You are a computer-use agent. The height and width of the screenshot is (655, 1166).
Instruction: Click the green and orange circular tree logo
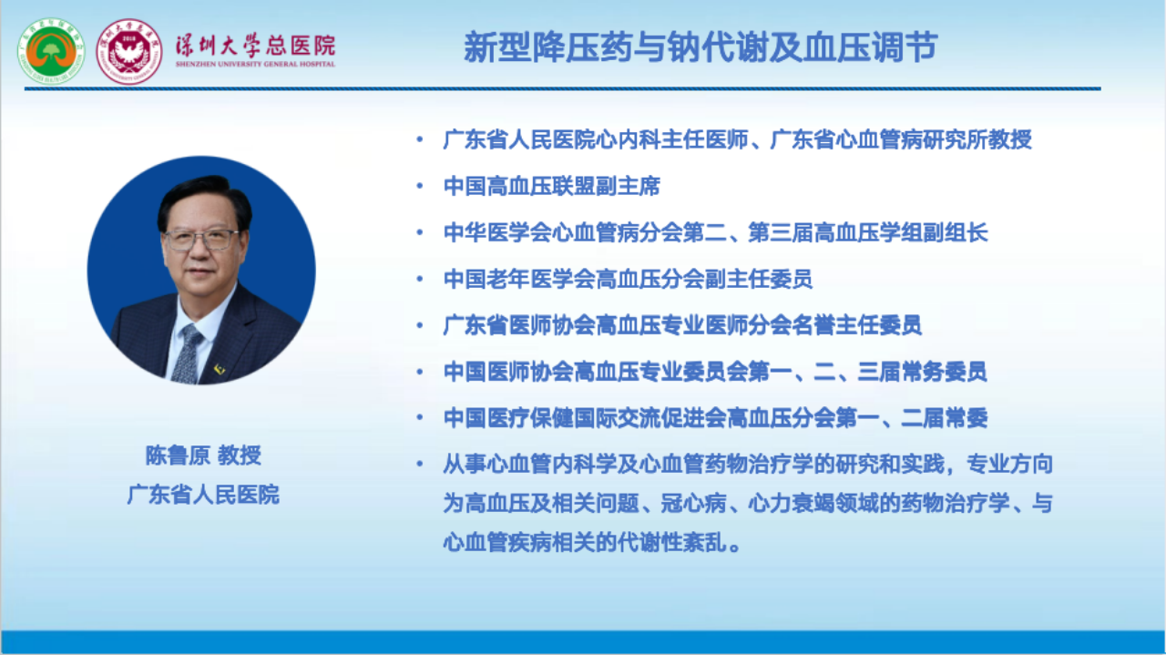tap(50, 51)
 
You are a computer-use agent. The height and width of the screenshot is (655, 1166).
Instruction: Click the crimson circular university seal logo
tap(129, 52)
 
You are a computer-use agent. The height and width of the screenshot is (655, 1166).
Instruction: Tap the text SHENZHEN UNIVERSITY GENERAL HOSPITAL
tap(255, 64)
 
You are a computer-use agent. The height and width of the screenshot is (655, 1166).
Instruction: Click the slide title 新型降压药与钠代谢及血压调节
tap(701, 46)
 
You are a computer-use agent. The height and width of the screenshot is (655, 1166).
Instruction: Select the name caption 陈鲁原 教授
tap(203, 455)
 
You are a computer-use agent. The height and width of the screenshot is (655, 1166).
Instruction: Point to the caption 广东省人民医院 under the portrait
tap(203, 494)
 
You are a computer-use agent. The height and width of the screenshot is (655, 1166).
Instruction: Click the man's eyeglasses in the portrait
tap(201, 240)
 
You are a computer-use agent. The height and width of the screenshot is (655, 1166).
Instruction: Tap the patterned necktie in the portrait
tap(188, 354)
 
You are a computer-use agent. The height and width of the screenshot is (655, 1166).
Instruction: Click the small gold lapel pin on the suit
tap(220, 369)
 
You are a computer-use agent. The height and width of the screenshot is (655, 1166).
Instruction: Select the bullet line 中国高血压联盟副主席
tap(552, 186)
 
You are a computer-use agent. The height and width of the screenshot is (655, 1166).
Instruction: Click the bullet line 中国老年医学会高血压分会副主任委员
tap(628, 279)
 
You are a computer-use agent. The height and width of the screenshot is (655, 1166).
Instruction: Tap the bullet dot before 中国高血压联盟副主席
tap(420, 186)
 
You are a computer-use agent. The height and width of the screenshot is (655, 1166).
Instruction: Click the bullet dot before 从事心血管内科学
tap(420, 464)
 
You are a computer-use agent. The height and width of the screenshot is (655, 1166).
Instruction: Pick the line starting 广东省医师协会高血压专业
tap(682, 325)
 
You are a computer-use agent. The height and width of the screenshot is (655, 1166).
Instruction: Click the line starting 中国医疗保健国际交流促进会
tap(716, 417)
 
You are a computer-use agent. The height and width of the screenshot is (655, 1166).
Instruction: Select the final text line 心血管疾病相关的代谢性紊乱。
tap(592, 543)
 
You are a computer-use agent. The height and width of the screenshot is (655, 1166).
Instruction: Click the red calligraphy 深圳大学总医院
tap(255, 46)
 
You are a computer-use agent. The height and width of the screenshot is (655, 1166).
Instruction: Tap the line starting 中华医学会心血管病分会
tap(716, 232)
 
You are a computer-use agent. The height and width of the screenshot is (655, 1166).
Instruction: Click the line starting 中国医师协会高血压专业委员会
tap(715, 372)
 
